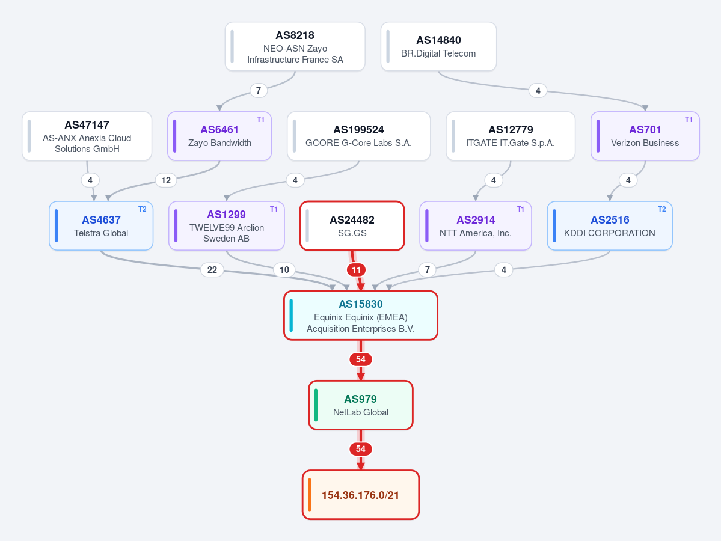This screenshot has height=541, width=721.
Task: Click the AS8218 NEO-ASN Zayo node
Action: tap(295, 46)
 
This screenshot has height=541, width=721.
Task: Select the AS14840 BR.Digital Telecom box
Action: tap(438, 46)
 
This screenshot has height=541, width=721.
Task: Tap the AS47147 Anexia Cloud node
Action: tap(87, 136)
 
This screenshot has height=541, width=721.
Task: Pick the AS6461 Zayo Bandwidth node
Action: tap(219, 136)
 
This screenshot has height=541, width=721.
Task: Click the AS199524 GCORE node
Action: tap(358, 136)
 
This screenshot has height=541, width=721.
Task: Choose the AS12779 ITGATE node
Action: tap(511, 136)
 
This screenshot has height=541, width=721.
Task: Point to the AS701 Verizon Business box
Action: tap(645, 136)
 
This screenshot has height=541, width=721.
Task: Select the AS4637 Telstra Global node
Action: tap(101, 225)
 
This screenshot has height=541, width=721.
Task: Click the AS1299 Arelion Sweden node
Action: tap(227, 225)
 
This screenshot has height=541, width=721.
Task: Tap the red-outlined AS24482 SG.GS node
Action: tap(352, 225)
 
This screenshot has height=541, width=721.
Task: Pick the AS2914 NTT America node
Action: tap(476, 225)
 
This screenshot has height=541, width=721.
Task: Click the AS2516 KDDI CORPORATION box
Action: tap(610, 225)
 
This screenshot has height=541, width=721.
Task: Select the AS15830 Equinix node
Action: tap(361, 316)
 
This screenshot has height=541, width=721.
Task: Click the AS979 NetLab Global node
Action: tap(361, 405)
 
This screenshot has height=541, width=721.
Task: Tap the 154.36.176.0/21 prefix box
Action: tap(361, 495)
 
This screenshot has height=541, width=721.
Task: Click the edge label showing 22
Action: tap(212, 270)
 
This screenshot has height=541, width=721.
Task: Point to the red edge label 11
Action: tap(357, 270)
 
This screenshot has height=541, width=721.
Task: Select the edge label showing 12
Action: tap(166, 180)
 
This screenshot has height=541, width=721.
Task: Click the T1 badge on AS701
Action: tap(689, 120)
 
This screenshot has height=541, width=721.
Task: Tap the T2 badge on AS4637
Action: tap(143, 209)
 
